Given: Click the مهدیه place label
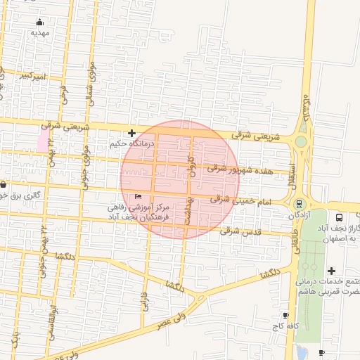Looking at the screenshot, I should tap(40, 32).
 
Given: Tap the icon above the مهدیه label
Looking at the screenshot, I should tap(39, 22).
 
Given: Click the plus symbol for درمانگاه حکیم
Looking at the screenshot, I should tap(131, 132).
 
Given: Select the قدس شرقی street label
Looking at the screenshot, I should tap(240, 231).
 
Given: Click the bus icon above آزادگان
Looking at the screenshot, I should tap(299, 204).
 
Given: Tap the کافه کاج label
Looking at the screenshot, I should tap(287, 326).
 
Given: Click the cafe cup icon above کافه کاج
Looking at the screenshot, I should tap(285, 315).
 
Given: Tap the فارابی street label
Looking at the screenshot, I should tap(146, 300).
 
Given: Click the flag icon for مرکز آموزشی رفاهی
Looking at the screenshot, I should tap(138, 197).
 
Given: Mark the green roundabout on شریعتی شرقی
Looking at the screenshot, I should tap(301, 141).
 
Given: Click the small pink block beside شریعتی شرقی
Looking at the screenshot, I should tap(43, 139).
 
